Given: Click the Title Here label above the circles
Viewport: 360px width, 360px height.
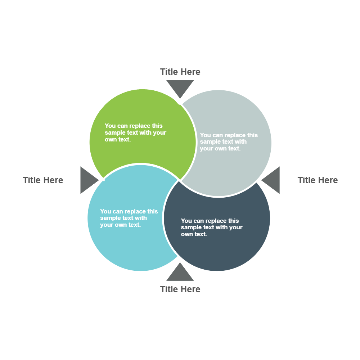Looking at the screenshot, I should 180,72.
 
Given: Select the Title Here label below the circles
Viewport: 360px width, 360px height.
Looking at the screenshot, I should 180,289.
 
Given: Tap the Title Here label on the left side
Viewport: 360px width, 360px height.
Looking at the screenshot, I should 43,180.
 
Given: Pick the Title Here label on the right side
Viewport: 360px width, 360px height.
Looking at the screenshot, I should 318,180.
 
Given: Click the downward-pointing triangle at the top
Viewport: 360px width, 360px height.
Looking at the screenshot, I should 180,87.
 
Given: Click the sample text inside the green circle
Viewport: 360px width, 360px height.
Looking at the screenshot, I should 135,132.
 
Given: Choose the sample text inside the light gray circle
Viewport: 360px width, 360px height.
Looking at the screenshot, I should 229,142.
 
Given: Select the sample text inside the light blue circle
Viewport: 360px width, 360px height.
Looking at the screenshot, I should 129,218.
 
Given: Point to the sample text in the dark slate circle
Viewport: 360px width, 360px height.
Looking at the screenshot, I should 211,227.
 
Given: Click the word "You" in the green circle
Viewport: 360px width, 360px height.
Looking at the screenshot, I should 110,126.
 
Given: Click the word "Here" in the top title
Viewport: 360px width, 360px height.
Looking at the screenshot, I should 191,72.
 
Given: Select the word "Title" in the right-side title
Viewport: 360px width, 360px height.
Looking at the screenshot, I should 307,180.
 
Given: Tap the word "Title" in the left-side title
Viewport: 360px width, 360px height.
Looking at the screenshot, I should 32,180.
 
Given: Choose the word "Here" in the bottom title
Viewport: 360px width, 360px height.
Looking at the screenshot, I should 191,289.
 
